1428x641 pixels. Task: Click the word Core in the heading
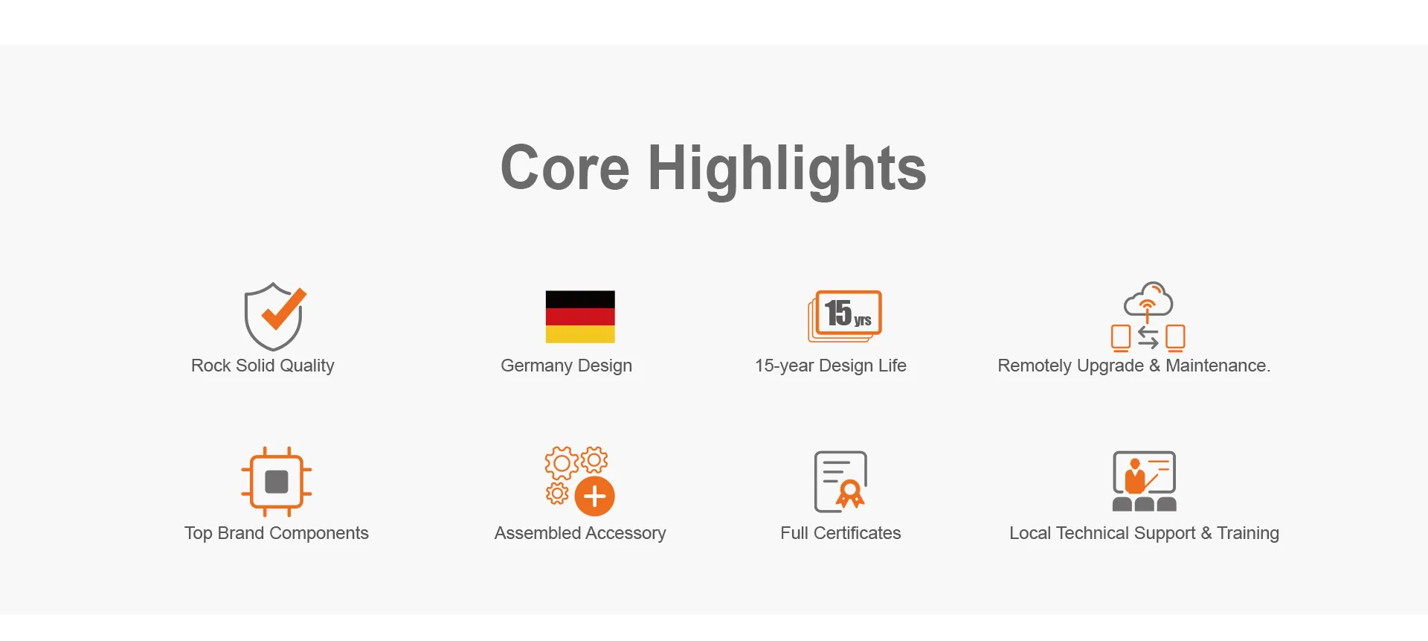(x=565, y=168)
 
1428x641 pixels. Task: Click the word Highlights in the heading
(x=787, y=170)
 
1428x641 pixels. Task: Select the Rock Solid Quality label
(x=263, y=366)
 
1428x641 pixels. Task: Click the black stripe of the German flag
(x=580, y=299)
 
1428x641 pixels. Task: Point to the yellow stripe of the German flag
(x=580, y=334)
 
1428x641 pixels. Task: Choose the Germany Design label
(x=566, y=366)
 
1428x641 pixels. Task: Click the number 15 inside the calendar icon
(x=838, y=313)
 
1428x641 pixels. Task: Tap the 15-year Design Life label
(x=830, y=366)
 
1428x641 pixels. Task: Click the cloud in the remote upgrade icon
(x=1148, y=299)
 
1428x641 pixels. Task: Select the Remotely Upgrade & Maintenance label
(x=1133, y=366)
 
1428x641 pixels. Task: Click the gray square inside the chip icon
(x=277, y=482)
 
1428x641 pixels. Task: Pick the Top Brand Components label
(x=277, y=533)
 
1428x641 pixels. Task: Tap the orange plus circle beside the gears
(x=595, y=497)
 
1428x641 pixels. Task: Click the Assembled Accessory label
(x=580, y=533)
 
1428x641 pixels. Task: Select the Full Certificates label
(x=840, y=533)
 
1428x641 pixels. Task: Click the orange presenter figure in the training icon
(x=1134, y=477)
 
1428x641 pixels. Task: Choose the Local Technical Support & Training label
(x=1144, y=533)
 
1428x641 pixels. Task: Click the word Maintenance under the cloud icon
(x=1218, y=366)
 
